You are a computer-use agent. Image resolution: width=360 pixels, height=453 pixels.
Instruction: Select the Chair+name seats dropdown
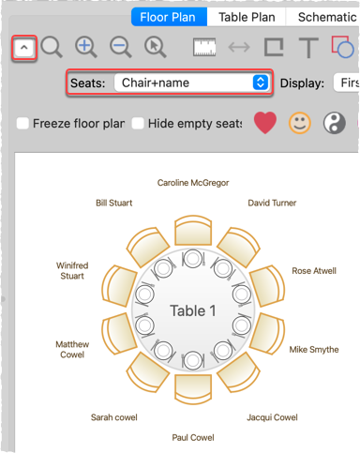191,83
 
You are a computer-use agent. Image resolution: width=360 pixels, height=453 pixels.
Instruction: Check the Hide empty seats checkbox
138,123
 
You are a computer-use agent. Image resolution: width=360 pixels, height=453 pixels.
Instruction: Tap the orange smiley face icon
299,123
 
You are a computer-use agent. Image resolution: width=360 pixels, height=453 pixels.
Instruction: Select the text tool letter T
307,47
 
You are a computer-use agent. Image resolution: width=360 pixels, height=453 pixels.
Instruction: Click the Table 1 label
193,310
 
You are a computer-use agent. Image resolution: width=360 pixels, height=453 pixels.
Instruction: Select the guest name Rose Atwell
315,271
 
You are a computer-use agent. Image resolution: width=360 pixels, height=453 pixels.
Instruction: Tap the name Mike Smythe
314,349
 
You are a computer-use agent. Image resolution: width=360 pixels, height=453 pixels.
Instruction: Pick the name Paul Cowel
193,437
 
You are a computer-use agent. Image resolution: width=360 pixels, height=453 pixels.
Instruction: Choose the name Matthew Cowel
72,350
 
